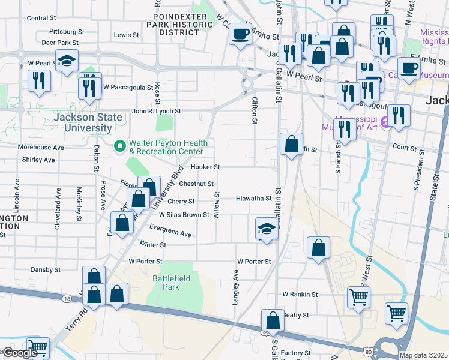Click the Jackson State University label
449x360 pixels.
(83, 122)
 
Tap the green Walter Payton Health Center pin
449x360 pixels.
(119, 146)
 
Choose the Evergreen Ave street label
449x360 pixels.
(170, 230)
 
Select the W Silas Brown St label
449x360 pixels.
(184, 214)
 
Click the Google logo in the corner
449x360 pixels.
(20, 353)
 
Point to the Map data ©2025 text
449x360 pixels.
(423, 355)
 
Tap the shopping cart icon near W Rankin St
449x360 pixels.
(358, 296)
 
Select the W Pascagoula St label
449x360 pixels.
(128, 87)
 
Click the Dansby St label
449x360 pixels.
(47, 269)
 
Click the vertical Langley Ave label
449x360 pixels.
(235, 286)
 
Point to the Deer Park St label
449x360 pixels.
(60, 43)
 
